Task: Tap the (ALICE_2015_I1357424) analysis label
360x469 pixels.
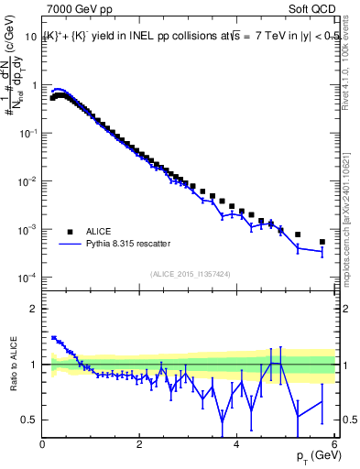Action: [189, 274]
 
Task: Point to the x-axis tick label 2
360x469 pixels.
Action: [140, 444]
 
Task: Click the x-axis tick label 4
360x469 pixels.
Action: [237, 444]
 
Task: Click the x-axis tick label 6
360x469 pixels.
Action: [334, 444]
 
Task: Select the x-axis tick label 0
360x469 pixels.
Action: [43, 444]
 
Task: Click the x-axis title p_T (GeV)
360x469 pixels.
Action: [314, 456]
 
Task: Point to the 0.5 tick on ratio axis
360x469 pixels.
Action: [30, 420]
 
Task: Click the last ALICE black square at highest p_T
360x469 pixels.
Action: [322, 242]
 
